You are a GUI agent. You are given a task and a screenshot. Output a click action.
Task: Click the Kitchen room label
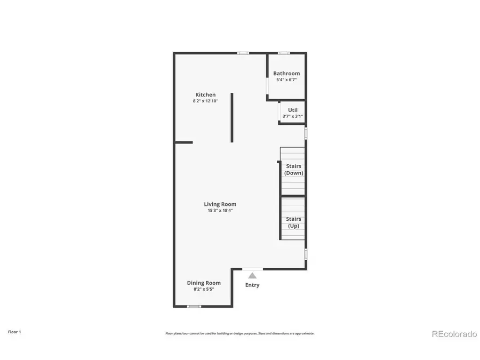click(205, 95)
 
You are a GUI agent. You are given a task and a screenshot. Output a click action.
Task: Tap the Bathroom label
click(286, 74)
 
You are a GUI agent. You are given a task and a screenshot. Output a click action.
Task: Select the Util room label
click(293, 110)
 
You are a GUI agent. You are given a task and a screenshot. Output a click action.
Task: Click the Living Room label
click(220, 204)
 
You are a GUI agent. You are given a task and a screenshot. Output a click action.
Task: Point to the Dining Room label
click(204, 283)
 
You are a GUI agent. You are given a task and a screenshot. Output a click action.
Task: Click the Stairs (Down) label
click(293, 170)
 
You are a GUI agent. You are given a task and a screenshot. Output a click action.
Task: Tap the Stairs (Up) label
click(293, 222)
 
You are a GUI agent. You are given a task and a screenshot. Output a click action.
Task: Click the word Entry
click(252, 285)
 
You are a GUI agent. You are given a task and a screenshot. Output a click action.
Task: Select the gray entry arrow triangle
click(252, 275)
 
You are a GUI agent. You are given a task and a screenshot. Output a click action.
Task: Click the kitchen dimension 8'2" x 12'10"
click(205, 101)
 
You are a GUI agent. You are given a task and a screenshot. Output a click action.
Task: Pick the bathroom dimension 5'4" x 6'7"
click(286, 80)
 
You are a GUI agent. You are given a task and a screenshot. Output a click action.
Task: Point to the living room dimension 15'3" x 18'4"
click(220, 211)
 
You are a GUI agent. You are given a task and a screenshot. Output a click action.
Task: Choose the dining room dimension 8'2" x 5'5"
click(204, 289)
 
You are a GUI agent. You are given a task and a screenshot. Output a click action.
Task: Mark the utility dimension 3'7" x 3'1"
click(293, 116)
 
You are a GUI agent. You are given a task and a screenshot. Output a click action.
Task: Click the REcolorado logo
click(454, 334)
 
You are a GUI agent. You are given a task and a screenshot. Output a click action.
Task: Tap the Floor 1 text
click(14, 332)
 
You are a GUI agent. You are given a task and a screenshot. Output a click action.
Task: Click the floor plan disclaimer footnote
click(239, 333)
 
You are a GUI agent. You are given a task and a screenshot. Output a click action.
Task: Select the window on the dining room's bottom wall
click(194, 306)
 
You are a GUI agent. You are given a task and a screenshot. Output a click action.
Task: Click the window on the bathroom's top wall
click(284, 53)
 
